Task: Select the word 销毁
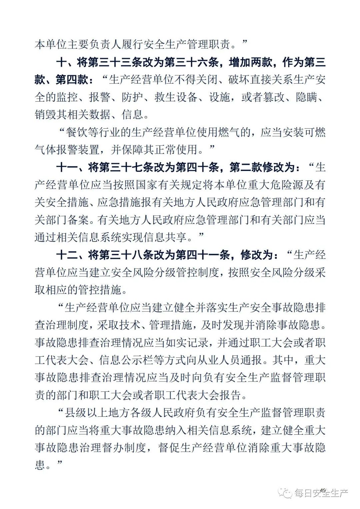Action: coord(45,115)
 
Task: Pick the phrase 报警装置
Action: coord(78,150)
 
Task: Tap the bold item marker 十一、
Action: coord(72,167)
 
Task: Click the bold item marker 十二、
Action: coord(72,255)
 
